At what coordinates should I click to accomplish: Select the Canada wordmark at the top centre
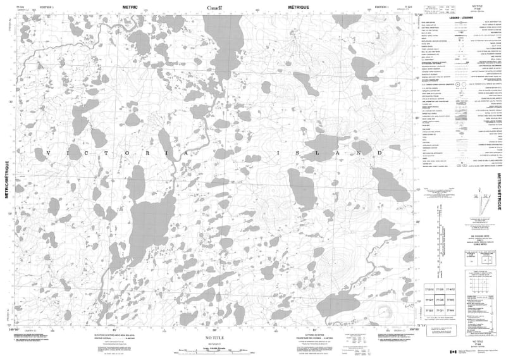[214, 6]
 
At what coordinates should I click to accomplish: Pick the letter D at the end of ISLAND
[380, 152]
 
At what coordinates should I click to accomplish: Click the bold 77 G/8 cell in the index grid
[440, 300]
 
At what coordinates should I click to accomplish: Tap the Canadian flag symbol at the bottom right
[452, 352]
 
